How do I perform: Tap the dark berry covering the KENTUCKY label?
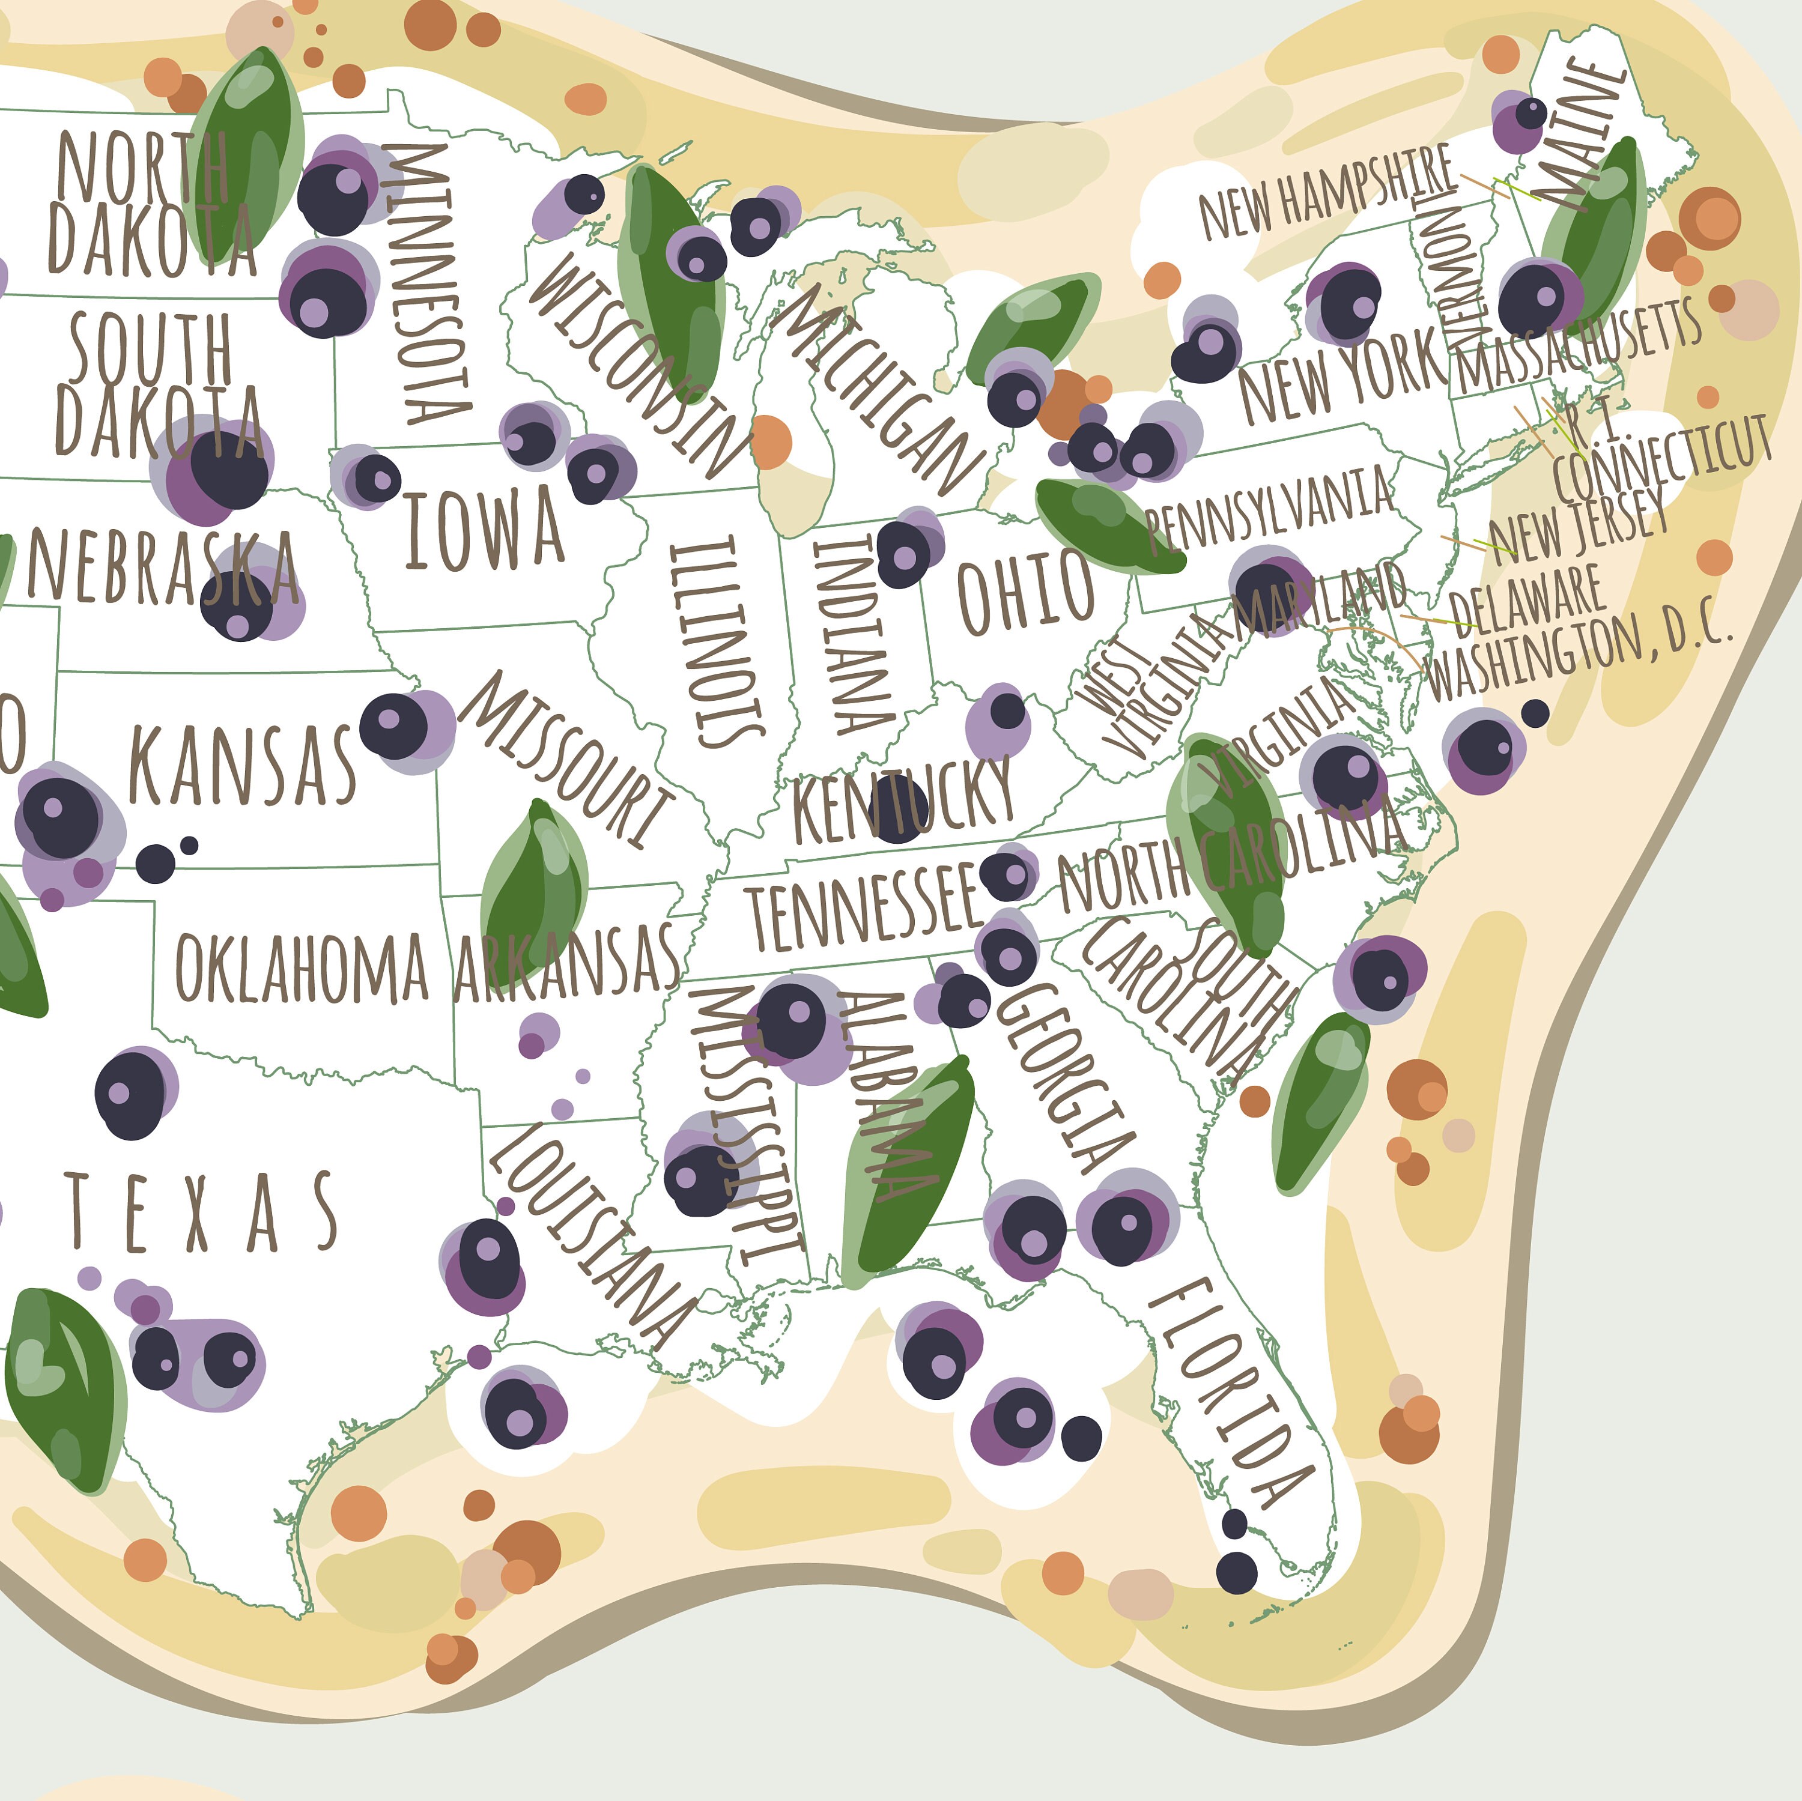897,810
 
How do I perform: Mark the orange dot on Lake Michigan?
771,442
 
